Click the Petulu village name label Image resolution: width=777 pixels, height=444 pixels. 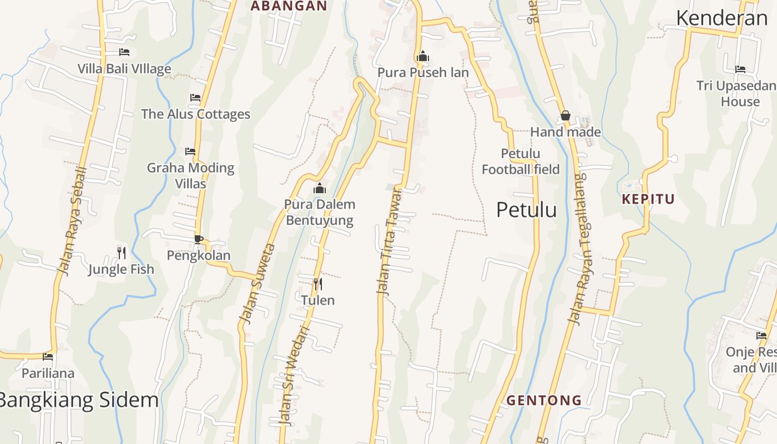click(526, 210)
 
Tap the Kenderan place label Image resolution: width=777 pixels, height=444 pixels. click(722, 18)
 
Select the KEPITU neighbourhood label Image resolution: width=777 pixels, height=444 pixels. click(648, 199)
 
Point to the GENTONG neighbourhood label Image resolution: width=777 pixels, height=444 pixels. click(544, 400)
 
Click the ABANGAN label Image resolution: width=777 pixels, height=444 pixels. click(289, 6)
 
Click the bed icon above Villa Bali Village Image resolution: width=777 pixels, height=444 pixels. click(124, 52)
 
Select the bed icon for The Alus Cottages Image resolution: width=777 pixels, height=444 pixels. click(195, 98)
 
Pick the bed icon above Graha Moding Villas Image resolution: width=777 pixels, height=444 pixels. click(190, 151)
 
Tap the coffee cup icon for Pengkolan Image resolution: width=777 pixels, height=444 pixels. click(198, 239)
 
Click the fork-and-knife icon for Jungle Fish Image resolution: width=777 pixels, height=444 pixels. click(122, 253)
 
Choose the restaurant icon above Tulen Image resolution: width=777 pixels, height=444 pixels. click(318, 284)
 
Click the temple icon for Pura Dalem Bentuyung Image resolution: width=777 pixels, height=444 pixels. click(320, 189)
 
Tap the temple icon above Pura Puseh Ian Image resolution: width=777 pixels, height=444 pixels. click(423, 56)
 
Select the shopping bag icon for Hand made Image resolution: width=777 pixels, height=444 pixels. click(566, 116)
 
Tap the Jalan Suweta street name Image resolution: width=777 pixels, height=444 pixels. click(257, 283)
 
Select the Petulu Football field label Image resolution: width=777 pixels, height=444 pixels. click(521, 162)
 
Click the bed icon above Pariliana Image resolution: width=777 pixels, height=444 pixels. click(48, 356)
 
